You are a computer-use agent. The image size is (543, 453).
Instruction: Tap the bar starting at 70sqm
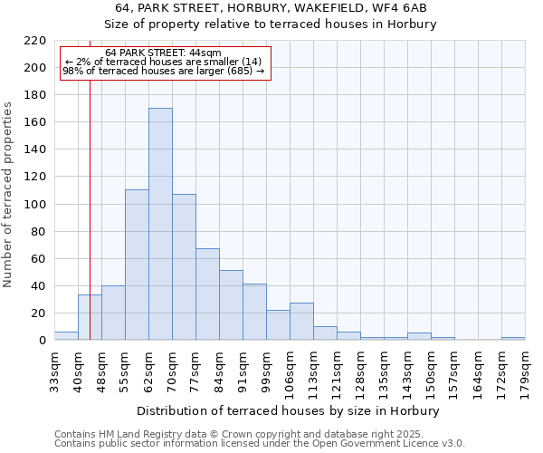click(x=184, y=267)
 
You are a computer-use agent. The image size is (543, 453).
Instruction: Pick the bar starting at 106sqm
click(x=301, y=322)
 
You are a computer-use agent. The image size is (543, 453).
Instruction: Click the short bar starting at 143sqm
click(x=419, y=336)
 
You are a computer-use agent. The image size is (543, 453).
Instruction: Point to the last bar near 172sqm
click(x=513, y=338)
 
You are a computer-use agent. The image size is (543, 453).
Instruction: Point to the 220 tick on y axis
click(x=36, y=41)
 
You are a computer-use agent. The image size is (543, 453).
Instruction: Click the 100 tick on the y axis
click(x=36, y=205)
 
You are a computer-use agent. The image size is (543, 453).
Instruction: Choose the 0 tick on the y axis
click(x=43, y=341)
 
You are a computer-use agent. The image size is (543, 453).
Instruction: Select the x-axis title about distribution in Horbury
click(x=290, y=410)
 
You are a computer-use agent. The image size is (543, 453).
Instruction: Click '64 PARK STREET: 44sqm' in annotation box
click(x=163, y=53)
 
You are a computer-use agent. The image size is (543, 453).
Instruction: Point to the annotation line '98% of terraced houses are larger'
click(x=163, y=71)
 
